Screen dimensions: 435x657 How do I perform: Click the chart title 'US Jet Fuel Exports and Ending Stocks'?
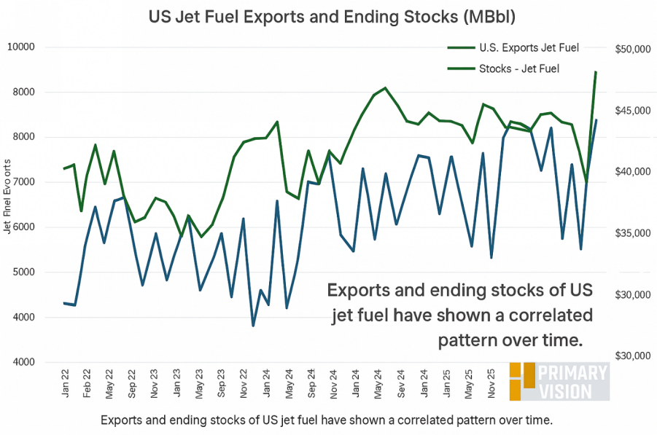coord(328,15)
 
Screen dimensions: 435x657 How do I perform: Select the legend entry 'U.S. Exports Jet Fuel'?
coord(529,48)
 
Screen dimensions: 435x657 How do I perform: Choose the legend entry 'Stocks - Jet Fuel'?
coord(518,69)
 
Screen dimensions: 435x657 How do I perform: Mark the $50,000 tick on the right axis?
coord(631,49)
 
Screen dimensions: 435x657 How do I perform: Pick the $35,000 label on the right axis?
coord(631,234)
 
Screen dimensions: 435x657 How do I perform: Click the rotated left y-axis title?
coord(8,197)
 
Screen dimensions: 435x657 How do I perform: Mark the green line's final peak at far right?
coord(596,72)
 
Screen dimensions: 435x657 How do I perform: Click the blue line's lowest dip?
coord(254,325)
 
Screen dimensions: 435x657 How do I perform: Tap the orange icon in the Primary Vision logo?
coord(522,380)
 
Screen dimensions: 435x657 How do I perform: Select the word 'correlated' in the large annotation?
coord(540,316)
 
